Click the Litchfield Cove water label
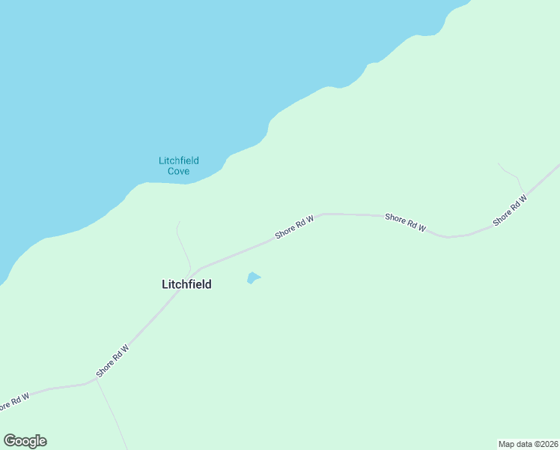tap(178, 166)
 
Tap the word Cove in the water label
tap(178, 172)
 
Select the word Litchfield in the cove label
tap(178, 160)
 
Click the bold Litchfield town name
tap(186, 284)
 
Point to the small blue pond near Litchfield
tap(254, 278)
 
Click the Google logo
tap(25, 441)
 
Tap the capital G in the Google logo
tap(10, 440)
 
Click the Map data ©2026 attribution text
tap(527, 443)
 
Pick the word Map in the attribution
tap(507, 443)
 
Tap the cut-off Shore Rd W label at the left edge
tap(13, 400)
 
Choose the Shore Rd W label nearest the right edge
tap(510, 211)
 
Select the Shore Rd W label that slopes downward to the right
tap(405, 222)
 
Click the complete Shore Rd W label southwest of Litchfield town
tap(113, 361)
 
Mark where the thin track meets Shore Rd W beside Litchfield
tap(193, 271)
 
